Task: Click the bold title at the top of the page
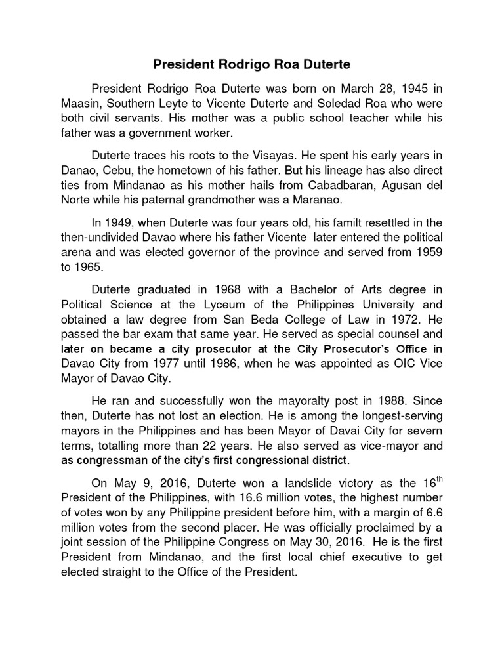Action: pos(252,65)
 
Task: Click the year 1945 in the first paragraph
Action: pos(394,88)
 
